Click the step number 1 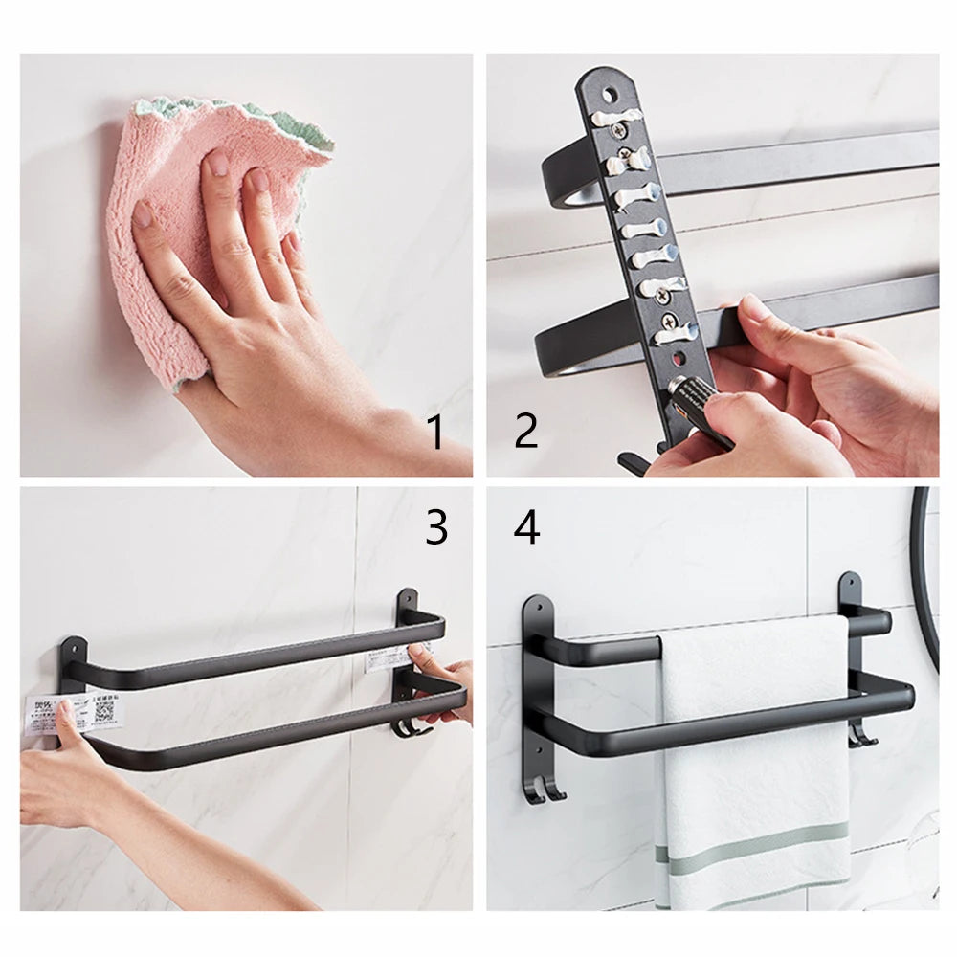[x=435, y=433]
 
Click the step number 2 [x=525, y=433]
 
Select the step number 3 [x=436, y=526]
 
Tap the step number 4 [x=526, y=526]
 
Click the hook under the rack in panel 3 [x=407, y=730]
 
